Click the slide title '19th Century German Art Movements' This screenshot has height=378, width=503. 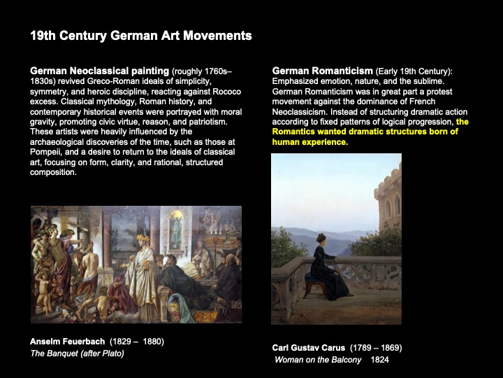coord(140,35)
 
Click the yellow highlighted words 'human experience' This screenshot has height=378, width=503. coord(309,141)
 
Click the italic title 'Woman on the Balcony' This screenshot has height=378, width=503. coord(318,360)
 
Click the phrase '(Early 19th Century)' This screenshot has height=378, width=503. coord(414,71)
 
